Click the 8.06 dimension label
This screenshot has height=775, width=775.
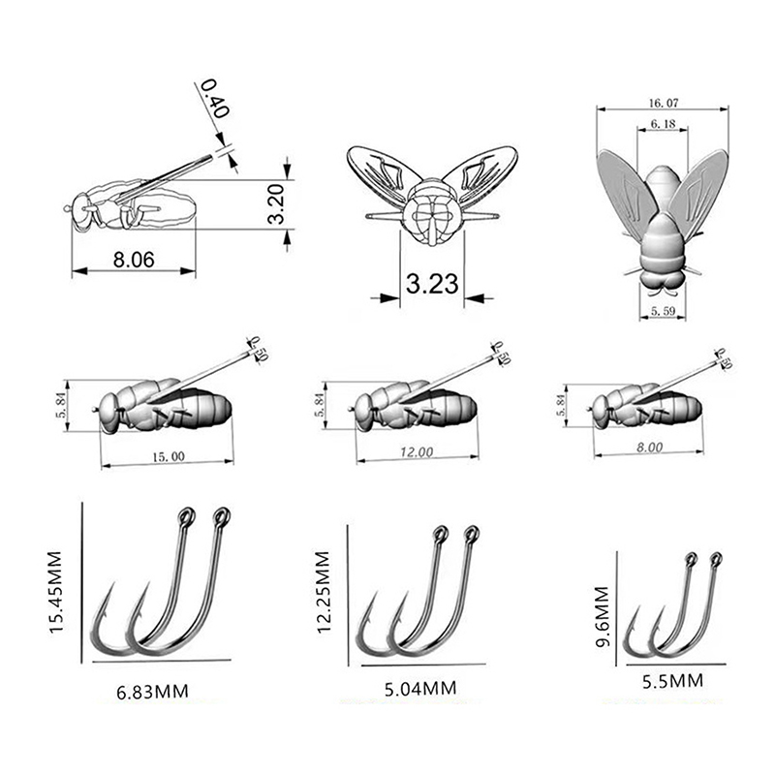click(134, 260)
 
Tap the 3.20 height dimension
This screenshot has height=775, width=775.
click(276, 203)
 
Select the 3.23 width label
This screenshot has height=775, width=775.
click(432, 284)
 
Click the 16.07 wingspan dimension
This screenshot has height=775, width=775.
click(664, 103)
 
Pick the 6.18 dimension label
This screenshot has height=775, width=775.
click(663, 124)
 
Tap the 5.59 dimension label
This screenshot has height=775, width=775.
click(663, 311)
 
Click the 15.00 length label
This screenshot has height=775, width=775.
click(168, 456)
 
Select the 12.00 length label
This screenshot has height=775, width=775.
click(417, 452)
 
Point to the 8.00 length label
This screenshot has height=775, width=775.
click(649, 448)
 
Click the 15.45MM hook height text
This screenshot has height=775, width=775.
click(56, 592)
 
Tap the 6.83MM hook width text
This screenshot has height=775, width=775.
click(153, 692)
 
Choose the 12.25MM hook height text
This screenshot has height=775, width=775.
click(323, 592)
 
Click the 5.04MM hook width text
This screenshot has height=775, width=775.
click(420, 689)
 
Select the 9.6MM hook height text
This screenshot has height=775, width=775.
click(602, 616)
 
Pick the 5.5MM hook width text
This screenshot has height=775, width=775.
click(672, 682)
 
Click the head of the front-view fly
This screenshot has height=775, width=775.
click(432, 213)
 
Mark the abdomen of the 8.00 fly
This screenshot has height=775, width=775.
click(682, 406)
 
